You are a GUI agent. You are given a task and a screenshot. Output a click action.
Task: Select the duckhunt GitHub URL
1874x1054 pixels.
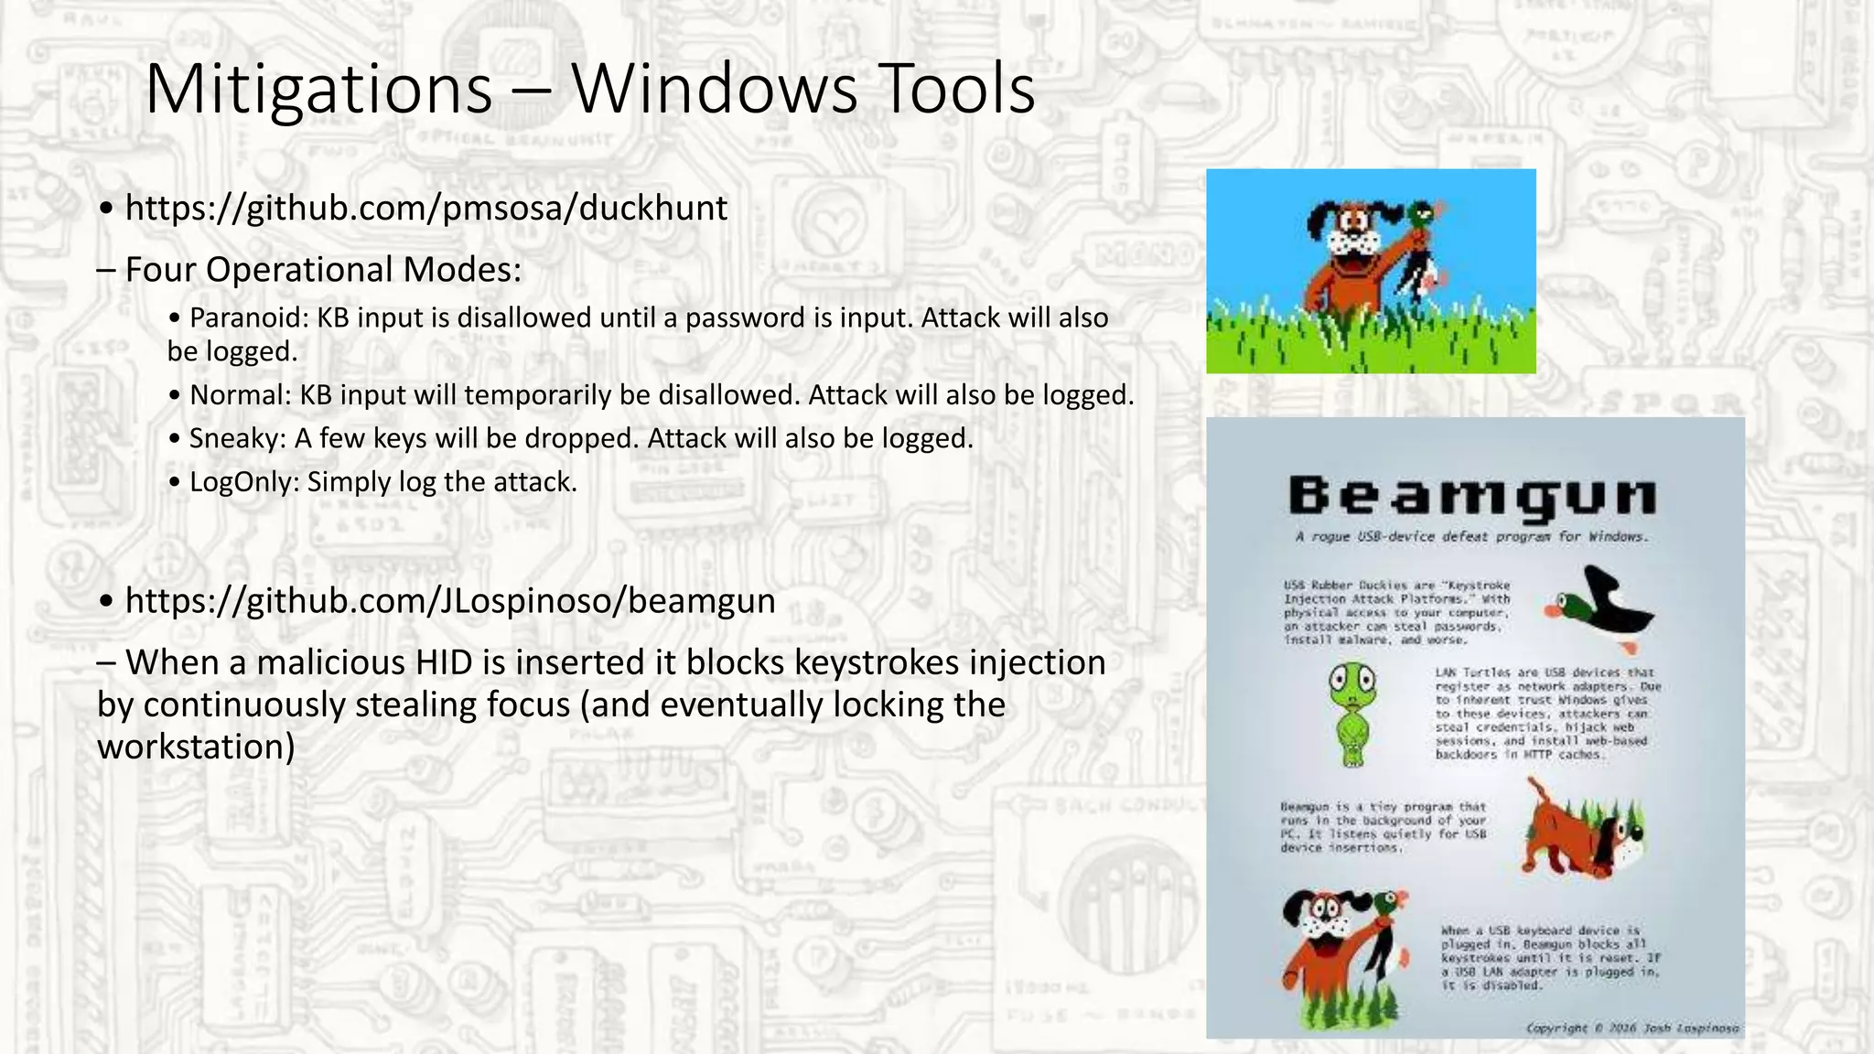click(x=426, y=208)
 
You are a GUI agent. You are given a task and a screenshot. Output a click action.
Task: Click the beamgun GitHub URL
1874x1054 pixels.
click(x=450, y=600)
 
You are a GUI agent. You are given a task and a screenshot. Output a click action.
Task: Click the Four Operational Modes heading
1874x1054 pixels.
click(x=323, y=269)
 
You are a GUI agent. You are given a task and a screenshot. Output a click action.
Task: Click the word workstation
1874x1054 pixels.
click(x=196, y=747)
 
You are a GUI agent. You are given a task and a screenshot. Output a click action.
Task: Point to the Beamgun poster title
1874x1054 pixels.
click(x=1472, y=497)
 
